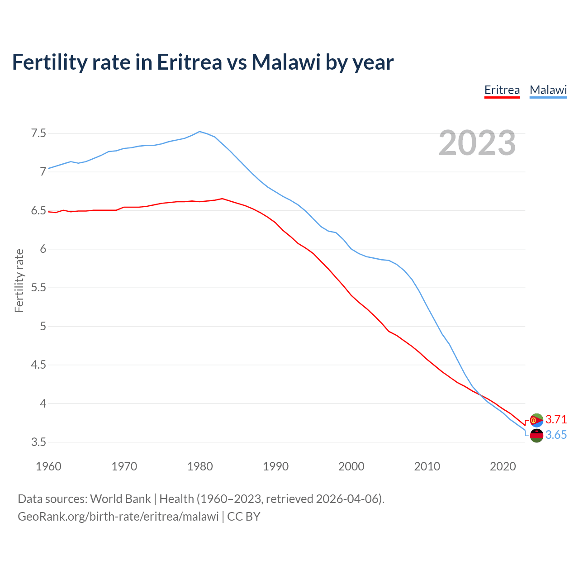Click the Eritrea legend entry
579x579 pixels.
(x=502, y=90)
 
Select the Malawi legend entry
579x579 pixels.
(x=548, y=90)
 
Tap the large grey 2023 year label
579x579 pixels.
(x=477, y=143)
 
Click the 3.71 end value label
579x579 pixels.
(x=556, y=419)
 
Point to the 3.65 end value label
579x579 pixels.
(x=556, y=435)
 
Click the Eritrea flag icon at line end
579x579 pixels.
(x=536, y=420)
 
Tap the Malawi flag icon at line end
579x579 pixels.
(x=536, y=436)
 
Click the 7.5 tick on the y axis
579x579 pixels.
(x=38, y=133)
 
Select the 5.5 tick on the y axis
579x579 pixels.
(x=38, y=288)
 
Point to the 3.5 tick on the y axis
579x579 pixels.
(x=38, y=442)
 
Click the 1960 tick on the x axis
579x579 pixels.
(x=48, y=466)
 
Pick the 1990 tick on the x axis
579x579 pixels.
(x=275, y=466)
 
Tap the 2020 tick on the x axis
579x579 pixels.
(x=503, y=466)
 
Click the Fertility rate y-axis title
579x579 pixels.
(x=19, y=280)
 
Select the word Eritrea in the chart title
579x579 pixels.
(x=190, y=62)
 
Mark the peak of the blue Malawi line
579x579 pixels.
(x=200, y=132)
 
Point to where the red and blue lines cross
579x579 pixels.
(x=480, y=395)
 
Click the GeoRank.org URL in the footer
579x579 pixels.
(x=118, y=517)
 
